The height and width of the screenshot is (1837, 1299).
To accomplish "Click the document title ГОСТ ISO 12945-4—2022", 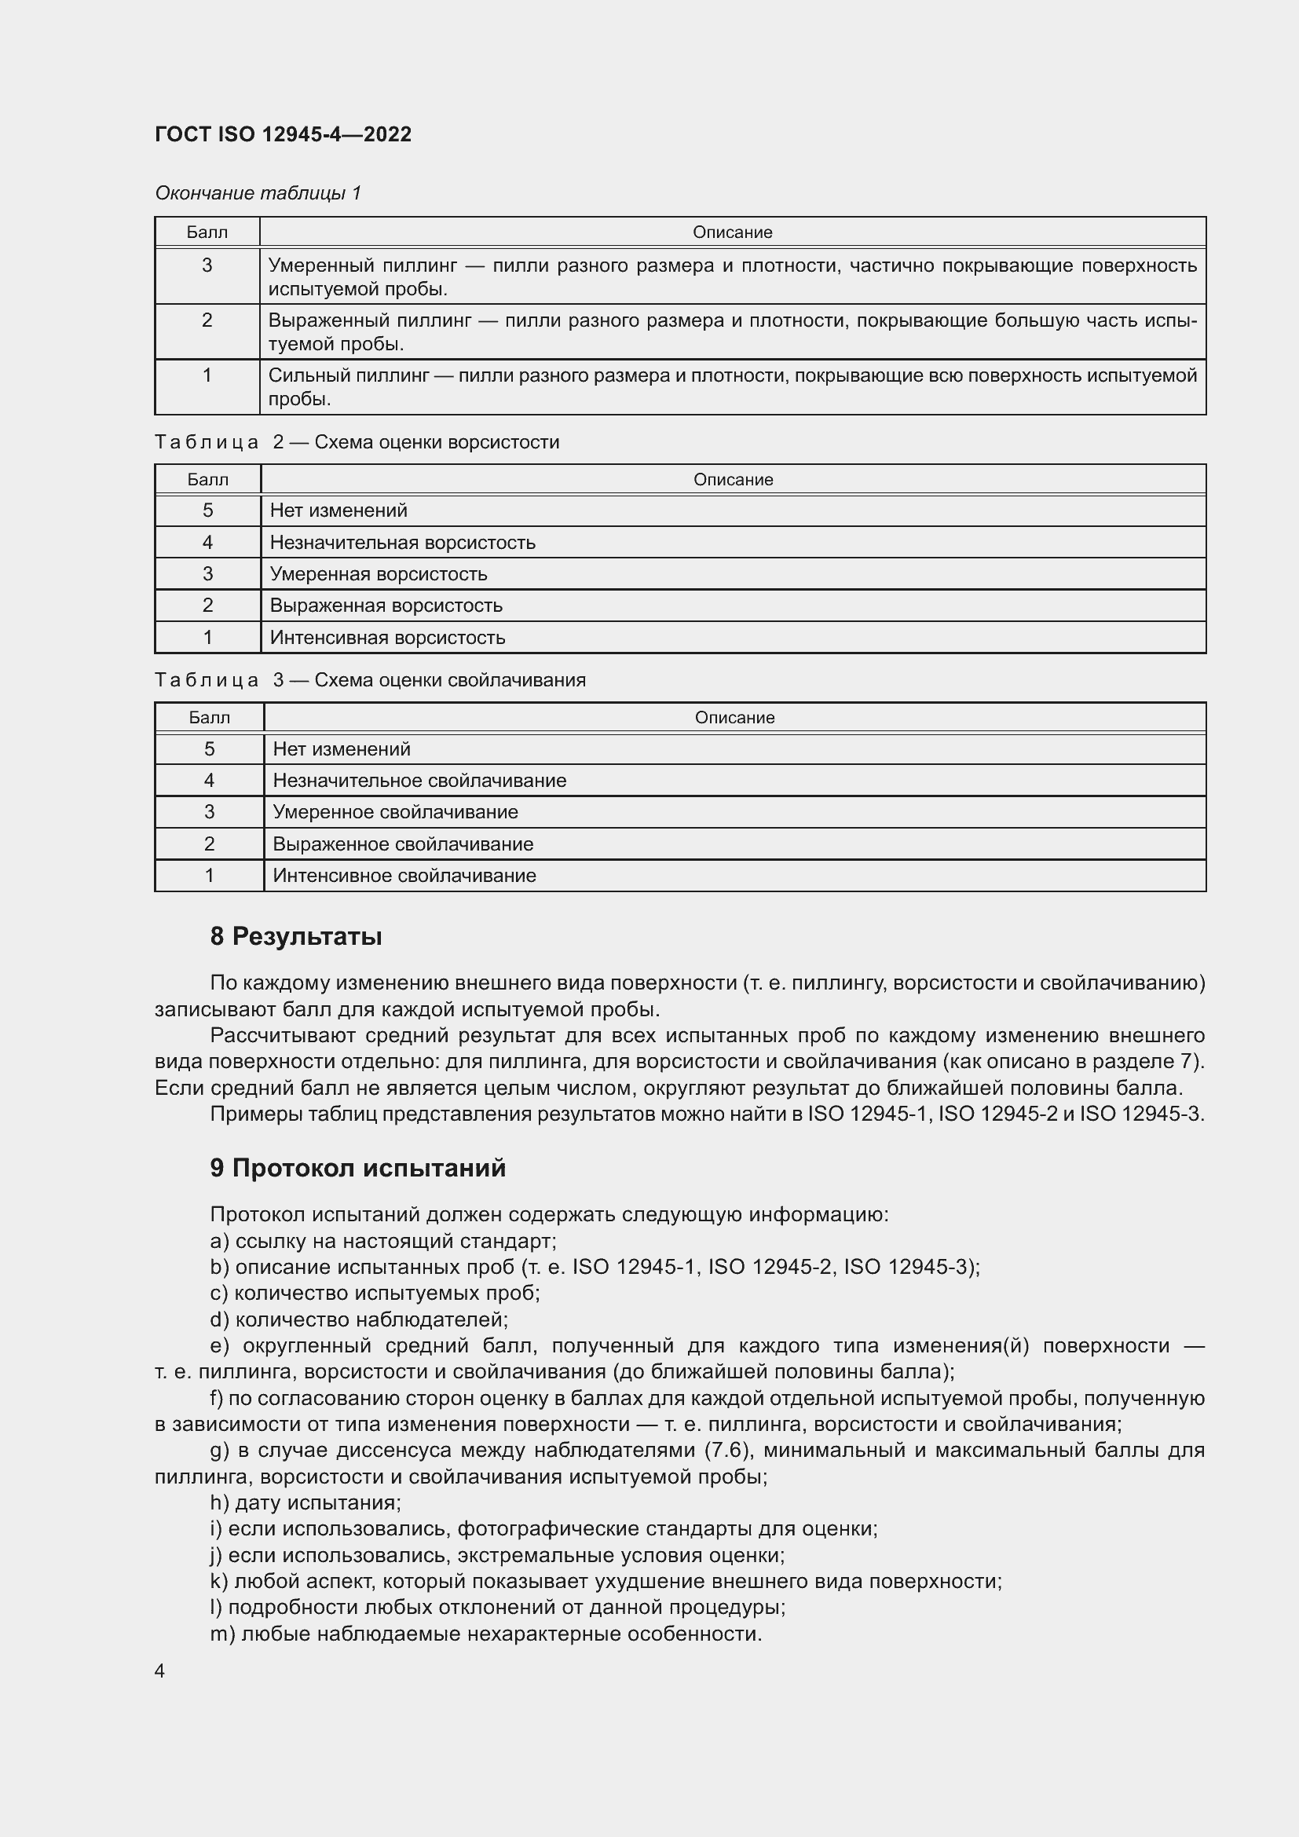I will [284, 134].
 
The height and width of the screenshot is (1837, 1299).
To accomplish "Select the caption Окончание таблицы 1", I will [258, 193].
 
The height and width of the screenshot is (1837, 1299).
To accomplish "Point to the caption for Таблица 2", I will [357, 442].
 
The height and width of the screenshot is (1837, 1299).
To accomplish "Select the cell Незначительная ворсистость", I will [402, 543].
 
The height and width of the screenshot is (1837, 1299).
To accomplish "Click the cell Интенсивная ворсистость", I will [387, 638].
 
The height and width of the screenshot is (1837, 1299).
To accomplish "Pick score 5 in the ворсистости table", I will [208, 510].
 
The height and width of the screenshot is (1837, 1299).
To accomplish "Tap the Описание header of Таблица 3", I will [734, 718].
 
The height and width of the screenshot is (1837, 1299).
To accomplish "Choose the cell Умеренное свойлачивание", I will [395, 812].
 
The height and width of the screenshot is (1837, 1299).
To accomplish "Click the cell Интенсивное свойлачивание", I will [404, 875].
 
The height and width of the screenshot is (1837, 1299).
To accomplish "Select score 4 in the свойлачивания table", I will [210, 780].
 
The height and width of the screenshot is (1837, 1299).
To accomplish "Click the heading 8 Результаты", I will [296, 936].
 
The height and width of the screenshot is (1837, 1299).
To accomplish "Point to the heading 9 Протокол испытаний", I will [357, 1168].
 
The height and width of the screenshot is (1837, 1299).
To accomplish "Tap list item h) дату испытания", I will [306, 1502].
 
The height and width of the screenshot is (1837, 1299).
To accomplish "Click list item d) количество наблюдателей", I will [359, 1319].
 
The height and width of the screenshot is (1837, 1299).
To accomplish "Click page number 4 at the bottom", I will [160, 1671].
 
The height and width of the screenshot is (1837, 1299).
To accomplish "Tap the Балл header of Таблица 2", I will [208, 480].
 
